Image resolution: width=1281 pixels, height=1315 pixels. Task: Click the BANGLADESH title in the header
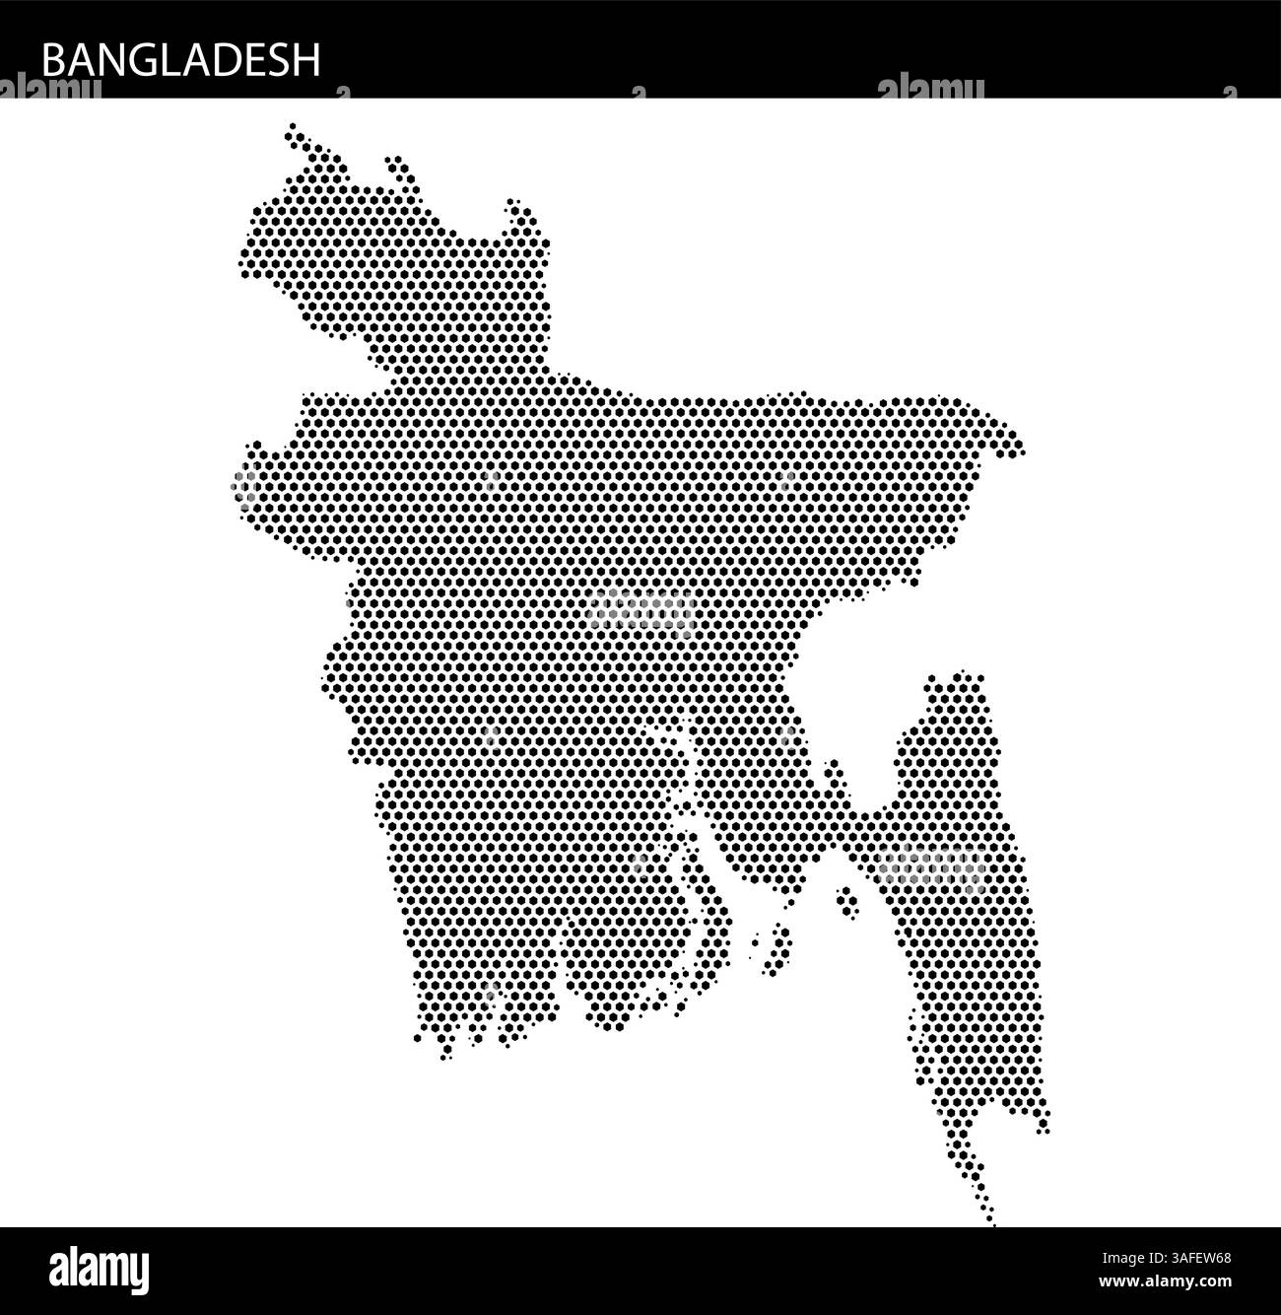click(181, 60)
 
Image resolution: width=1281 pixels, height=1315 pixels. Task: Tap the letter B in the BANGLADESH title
click(52, 60)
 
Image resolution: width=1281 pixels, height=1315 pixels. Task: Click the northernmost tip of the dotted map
click(291, 128)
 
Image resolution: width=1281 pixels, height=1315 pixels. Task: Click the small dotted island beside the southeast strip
click(845, 901)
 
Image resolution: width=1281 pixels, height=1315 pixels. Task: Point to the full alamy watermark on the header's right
click(930, 88)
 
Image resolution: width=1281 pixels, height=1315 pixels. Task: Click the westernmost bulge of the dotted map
click(240, 483)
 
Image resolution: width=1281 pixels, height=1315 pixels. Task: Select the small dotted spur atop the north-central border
click(397, 166)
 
